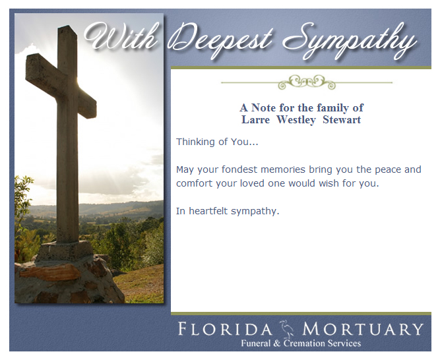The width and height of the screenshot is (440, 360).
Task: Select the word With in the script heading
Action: [121, 36]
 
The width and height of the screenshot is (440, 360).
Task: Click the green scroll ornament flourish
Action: [307, 82]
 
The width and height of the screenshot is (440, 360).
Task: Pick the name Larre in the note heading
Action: [255, 120]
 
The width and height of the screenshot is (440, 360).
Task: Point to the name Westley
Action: [296, 120]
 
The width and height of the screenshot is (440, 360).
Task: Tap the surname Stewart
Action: [342, 120]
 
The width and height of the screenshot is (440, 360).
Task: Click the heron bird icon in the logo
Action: [287, 328]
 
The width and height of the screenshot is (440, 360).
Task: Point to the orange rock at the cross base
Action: [50, 272]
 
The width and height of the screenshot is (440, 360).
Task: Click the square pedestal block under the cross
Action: [65, 250]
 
